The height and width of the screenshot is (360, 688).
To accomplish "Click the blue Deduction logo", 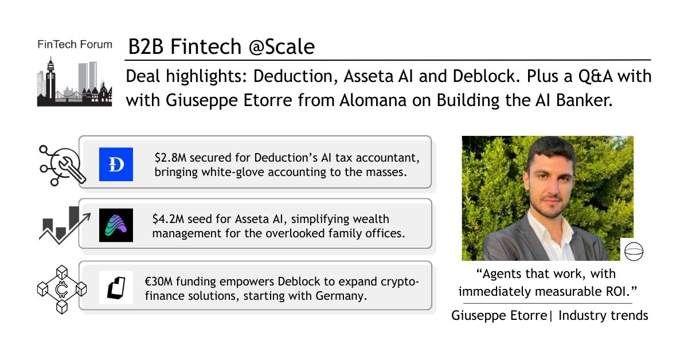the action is [116, 164].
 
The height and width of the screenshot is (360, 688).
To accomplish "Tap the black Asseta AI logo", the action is [116, 225].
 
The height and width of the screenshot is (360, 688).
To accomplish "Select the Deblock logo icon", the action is [116, 288].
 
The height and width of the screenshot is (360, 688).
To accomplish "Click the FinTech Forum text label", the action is [75, 45].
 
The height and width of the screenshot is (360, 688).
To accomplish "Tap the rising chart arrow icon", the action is [65, 225].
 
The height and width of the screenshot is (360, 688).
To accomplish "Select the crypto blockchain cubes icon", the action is [62, 289].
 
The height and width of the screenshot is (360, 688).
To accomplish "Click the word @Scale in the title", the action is [282, 46].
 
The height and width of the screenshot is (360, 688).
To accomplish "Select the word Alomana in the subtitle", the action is [373, 100].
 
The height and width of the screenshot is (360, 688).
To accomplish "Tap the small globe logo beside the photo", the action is [634, 251].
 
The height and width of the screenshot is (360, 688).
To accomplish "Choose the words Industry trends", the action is [603, 315].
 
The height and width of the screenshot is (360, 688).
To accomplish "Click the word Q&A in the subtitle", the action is [596, 76].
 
